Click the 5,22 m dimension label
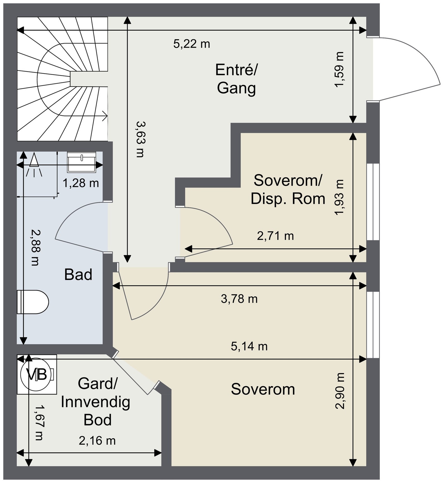(192, 44)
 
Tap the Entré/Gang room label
(236, 79)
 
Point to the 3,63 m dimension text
(140, 139)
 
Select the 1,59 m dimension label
(339, 70)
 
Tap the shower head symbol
(34, 165)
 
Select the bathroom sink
(81, 162)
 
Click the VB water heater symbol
(37, 374)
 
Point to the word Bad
(78, 275)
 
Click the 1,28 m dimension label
(81, 183)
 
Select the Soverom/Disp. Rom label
(288, 189)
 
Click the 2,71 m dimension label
(275, 236)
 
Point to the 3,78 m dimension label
(239, 299)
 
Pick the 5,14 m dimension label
(249, 346)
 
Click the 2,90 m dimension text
(340, 391)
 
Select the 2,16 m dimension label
(97, 441)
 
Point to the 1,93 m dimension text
(340, 197)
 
